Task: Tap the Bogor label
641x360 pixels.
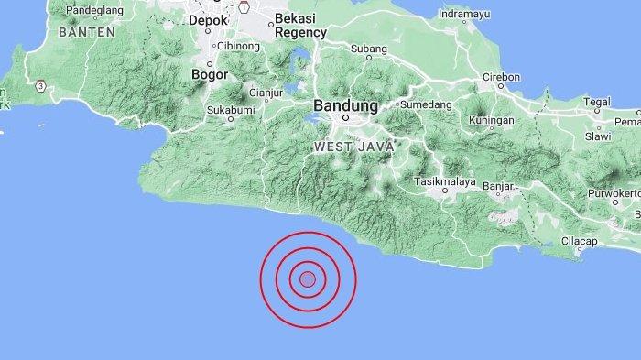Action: coord(210,74)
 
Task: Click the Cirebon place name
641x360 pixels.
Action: coord(502,76)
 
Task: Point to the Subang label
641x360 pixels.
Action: coord(364,46)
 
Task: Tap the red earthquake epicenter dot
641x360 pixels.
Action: coord(308,279)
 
